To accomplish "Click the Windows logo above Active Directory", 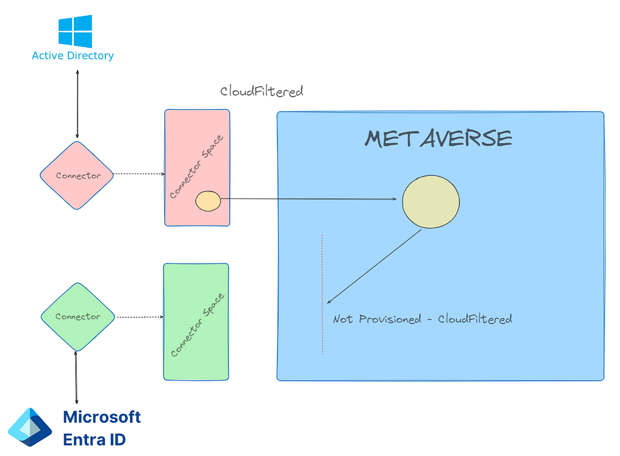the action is (75, 31).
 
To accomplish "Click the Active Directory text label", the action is (73, 56).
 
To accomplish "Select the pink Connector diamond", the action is (77, 175).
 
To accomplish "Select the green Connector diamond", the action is (78, 317).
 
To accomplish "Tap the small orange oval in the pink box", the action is (208, 201).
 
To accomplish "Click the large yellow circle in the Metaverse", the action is (431, 202).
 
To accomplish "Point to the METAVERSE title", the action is (438, 138).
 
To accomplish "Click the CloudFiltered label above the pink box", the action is (262, 91).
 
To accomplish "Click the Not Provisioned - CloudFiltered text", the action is (422, 319).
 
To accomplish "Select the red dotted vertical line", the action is (322, 294).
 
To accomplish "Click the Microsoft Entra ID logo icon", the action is (30, 427).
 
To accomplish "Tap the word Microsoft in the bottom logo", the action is (102, 417).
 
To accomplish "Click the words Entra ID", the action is (94, 440).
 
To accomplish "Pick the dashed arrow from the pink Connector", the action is (139, 174).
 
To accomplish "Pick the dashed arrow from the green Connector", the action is (140, 317).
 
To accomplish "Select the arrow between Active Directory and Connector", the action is (77, 104).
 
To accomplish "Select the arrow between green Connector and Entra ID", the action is (76, 377).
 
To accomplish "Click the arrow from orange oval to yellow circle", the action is (308, 198).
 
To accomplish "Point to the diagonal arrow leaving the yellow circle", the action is (374, 267).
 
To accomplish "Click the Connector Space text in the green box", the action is (197, 325).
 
